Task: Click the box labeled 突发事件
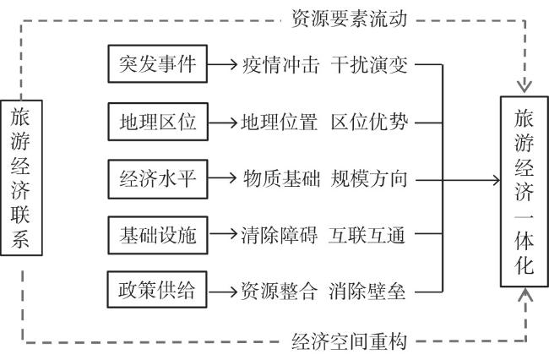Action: coord(158,63)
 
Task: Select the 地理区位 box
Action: coord(158,122)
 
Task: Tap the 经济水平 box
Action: coord(158,179)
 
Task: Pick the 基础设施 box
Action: coord(158,235)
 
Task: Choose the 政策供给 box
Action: coord(157,290)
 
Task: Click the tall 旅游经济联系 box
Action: coord(21,177)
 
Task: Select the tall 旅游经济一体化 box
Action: coord(525,192)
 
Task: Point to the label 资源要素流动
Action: coord(349,19)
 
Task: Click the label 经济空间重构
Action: coord(349,341)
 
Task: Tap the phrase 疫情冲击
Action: coord(280,65)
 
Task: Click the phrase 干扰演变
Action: coord(369,65)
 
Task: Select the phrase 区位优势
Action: coord(369,123)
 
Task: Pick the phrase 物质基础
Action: coord(281,178)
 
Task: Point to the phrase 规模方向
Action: coord(369,178)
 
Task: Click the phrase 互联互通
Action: coord(367,235)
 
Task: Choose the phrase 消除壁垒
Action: coord(367,292)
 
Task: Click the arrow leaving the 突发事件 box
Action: coord(222,64)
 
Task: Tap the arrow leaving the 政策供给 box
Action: coord(222,292)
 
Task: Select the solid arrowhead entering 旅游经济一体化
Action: coord(497,180)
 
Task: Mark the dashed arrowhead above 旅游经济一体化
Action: coord(525,87)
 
